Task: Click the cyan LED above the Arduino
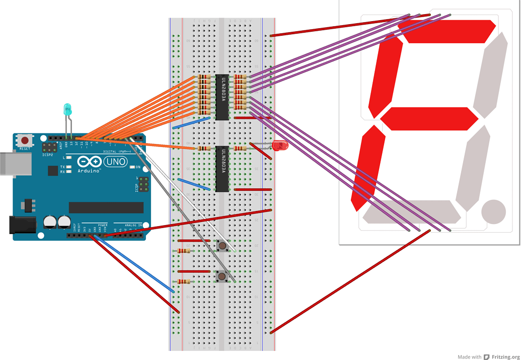[x=67, y=108]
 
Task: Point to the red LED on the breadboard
[x=279, y=146]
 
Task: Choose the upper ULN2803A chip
[x=222, y=97]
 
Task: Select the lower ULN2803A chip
[x=222, y=169]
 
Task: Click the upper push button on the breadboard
[x=221, y=246]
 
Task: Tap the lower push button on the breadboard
[x=221, y=276]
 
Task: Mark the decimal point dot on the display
[x=493, y=211]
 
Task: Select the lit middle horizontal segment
[x=429, y=119]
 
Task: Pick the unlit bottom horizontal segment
[x=411, y=211]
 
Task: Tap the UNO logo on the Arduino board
[x=115, y=162]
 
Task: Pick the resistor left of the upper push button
[x=184, y=251]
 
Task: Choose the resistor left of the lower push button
[x=184, y=281]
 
